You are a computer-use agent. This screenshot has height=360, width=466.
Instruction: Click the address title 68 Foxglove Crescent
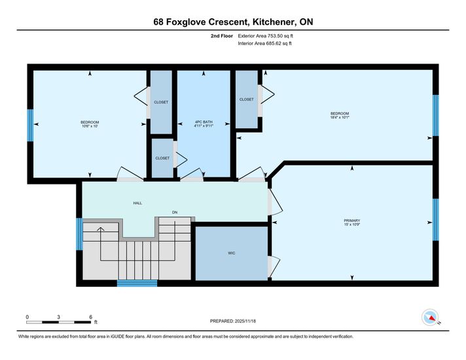200,22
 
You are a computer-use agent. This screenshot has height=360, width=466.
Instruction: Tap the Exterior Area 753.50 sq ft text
265,36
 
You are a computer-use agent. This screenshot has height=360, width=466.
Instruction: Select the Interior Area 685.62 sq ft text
264,43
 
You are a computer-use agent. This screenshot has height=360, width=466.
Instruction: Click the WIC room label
232,253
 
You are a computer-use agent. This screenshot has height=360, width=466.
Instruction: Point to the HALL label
137,204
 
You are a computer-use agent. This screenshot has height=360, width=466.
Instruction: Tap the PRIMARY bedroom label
352,221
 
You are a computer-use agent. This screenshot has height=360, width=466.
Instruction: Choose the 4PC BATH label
204,122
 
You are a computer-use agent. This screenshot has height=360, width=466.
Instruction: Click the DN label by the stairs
175,212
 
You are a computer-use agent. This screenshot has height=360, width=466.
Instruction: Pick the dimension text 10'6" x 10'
90,126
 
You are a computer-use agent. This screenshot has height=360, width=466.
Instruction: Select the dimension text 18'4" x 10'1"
340,117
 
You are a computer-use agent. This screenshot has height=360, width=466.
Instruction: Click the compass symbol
430,317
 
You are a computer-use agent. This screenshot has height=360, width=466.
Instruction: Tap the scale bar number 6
90,317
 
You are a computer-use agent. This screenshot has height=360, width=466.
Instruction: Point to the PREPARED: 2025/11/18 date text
233,321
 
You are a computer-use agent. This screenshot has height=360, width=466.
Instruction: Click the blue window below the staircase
137,283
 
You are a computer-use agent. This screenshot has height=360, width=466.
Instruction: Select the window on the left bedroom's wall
30,126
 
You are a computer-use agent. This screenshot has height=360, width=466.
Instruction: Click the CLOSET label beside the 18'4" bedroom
246,99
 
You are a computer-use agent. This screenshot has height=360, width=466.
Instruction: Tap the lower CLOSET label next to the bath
162,158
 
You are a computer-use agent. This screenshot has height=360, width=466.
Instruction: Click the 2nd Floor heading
222,36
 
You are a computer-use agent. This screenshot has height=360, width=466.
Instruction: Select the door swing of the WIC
274,266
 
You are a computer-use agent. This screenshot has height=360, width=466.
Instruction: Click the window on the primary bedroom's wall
435,220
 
